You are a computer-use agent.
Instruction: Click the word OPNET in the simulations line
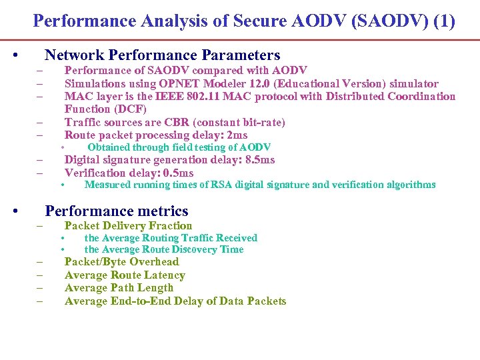177,83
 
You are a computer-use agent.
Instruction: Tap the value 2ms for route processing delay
237,135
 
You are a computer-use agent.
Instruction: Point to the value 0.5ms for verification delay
179,173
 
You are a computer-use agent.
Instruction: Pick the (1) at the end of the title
444,21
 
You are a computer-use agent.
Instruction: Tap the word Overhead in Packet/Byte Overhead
155,261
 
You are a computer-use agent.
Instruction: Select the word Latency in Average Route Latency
165,275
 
